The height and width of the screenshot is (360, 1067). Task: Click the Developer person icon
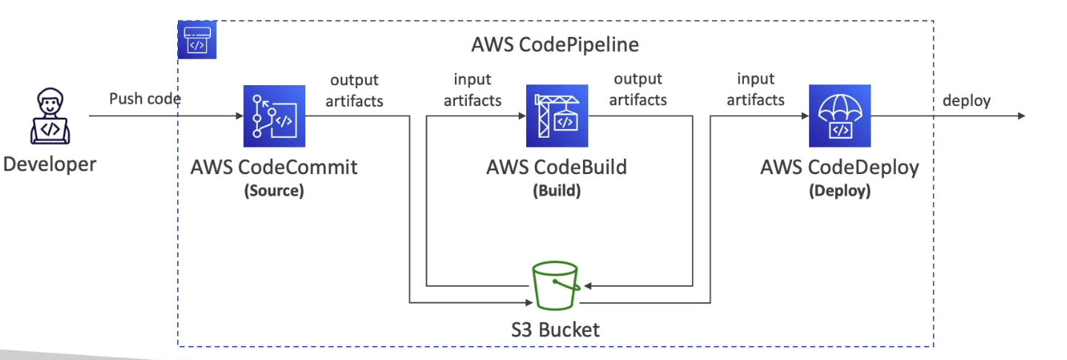point(50,116)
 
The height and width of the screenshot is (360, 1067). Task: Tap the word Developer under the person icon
point(50,164)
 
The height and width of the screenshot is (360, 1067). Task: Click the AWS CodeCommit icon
point(274,116)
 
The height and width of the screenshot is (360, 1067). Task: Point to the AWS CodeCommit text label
point(274,167)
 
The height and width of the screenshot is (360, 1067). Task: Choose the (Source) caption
point(274,190)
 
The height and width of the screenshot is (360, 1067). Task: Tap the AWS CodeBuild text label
point(556,167)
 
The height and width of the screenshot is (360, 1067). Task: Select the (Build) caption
point(556,190)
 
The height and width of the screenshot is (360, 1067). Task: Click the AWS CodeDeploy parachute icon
point(840,116)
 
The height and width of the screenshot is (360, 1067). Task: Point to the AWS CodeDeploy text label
point(840,167)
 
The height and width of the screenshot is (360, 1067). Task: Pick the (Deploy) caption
point(840,190)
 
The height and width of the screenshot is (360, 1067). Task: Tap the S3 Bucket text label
point(556,329)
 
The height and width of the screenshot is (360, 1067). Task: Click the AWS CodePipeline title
point(555,45)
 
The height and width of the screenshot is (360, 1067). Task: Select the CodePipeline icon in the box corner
point(196,40)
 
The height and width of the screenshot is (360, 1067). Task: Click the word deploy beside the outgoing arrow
point(966,101)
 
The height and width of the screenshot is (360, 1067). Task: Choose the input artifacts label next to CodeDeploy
point(756,90)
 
